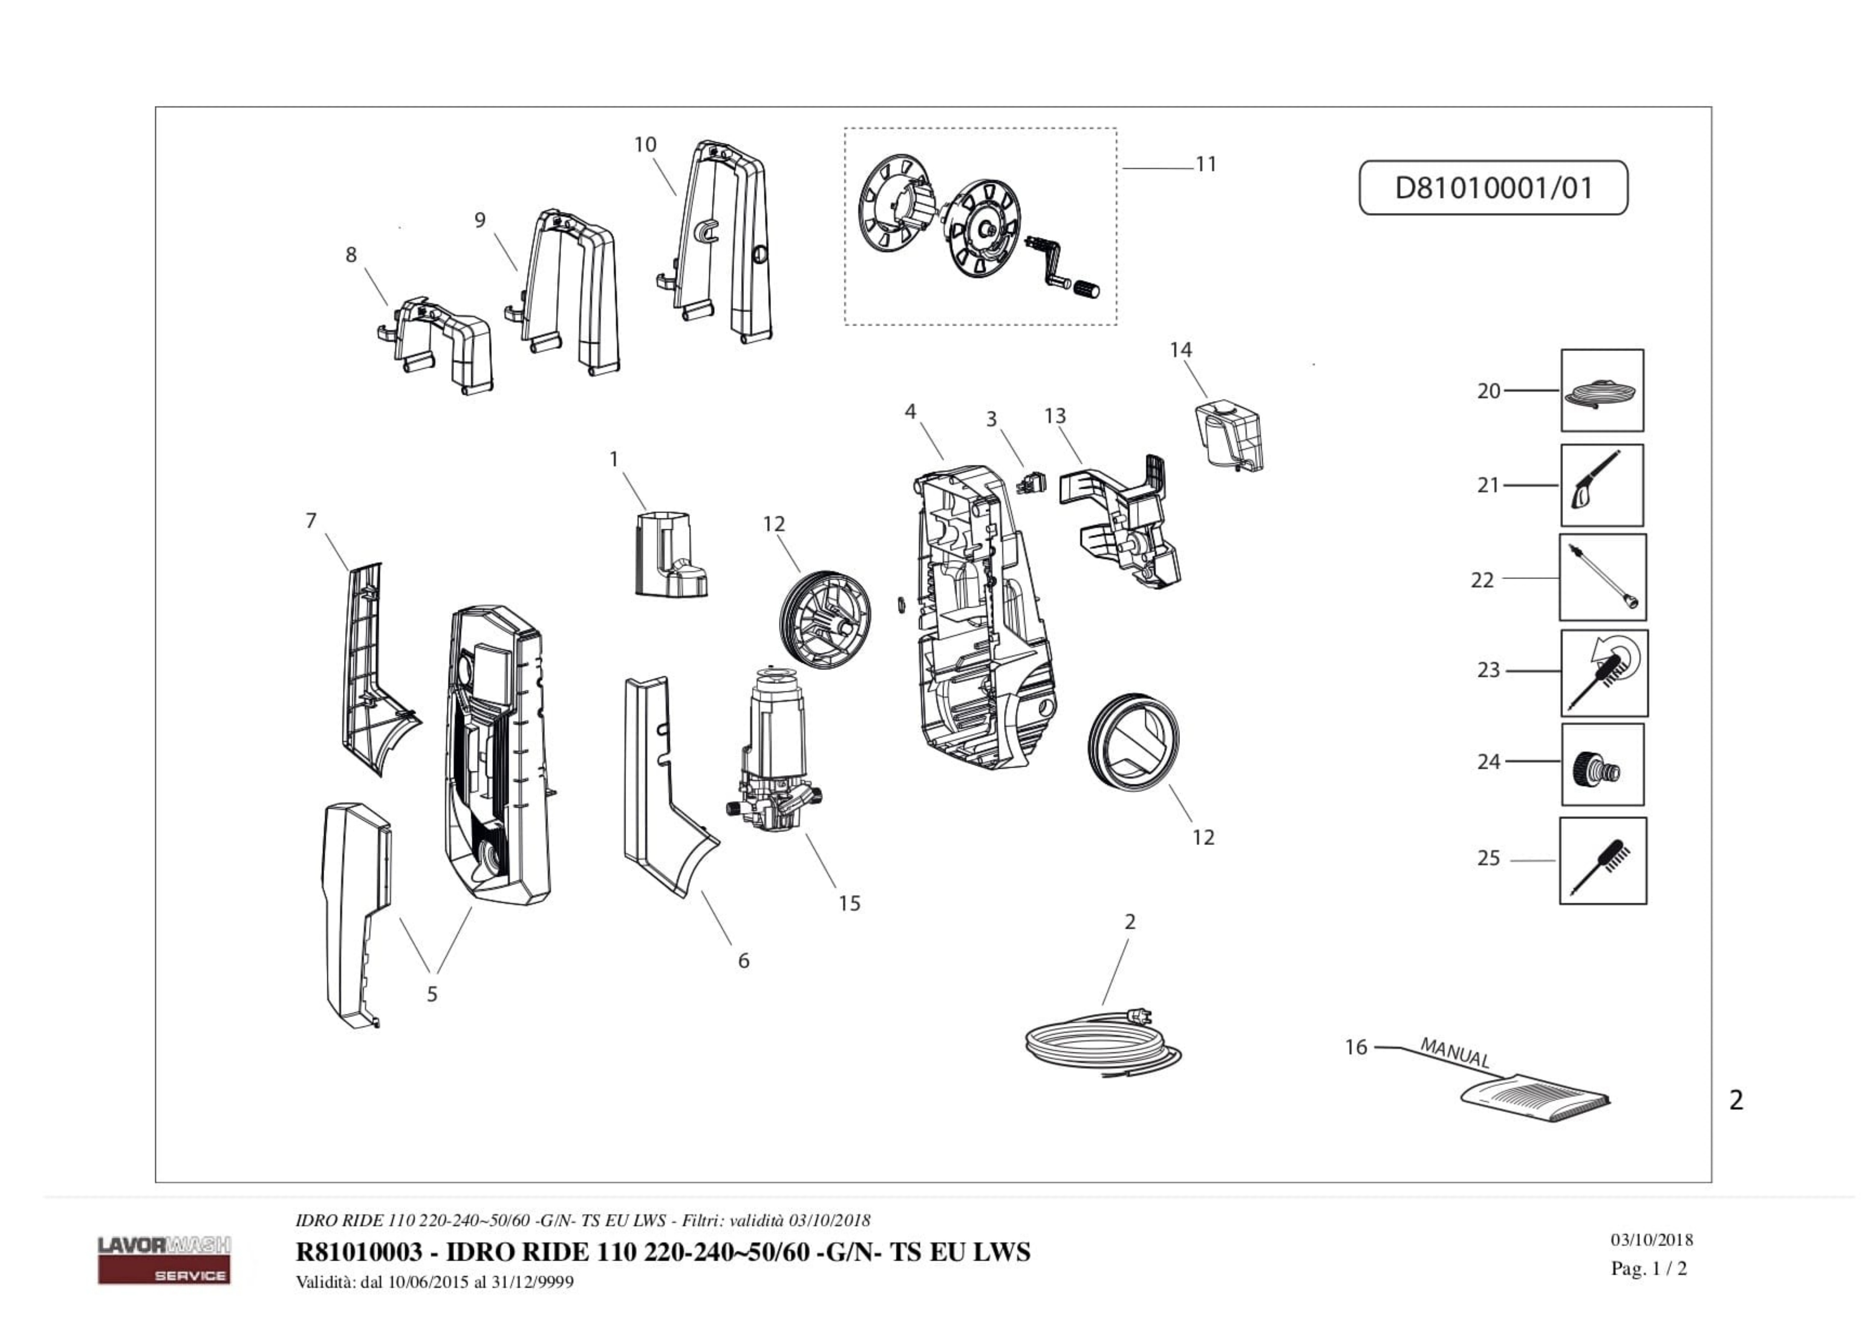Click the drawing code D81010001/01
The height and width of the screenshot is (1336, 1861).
(1493, 188)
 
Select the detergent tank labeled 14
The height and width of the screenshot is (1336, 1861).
(1228, 435)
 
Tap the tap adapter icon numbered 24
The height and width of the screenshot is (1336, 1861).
(1602, 764)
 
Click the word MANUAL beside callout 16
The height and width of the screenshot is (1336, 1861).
(1454, 1052)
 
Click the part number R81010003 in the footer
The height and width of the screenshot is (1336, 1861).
(358, 1252)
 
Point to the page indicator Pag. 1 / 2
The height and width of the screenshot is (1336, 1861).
(1648, 1269)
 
